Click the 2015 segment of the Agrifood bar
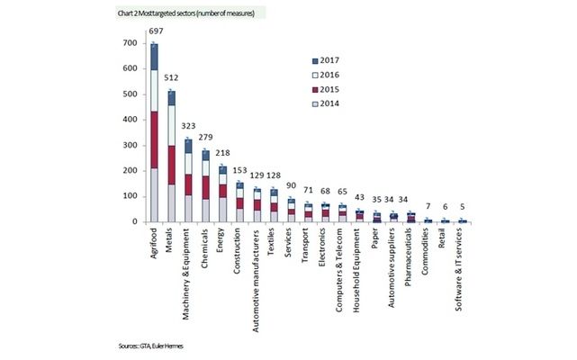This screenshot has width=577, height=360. [154, 139]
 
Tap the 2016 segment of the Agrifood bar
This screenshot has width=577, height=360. [154, 90]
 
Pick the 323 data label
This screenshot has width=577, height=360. [188, 128]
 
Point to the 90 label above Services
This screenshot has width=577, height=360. [291, 187]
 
